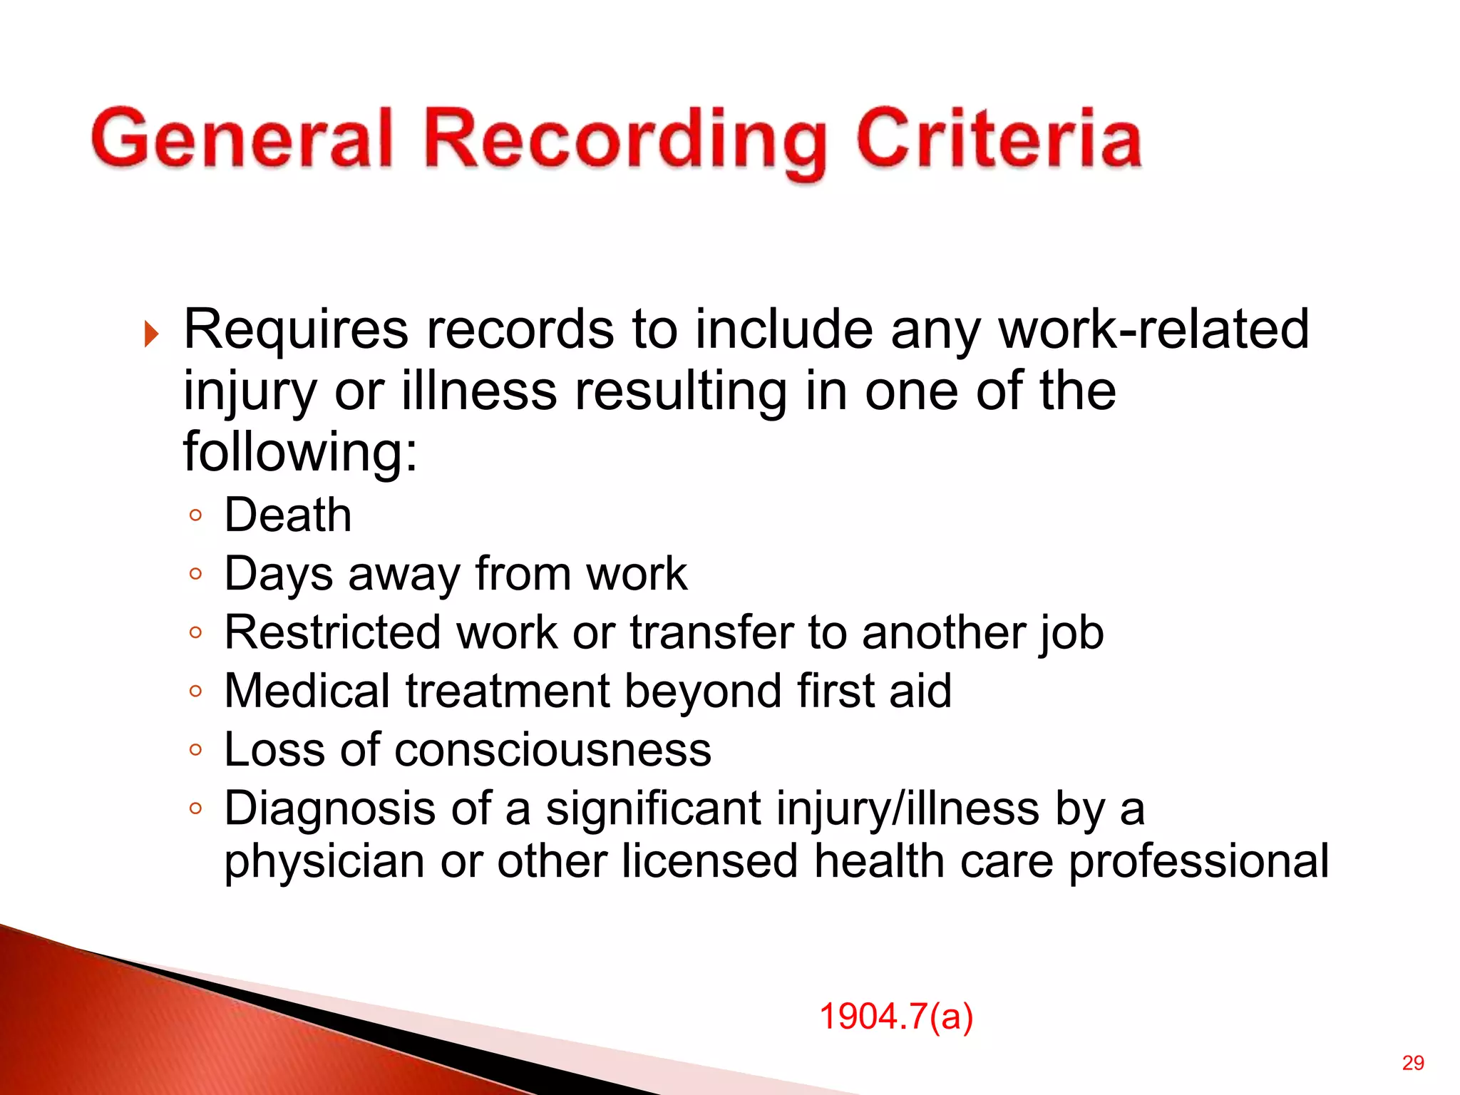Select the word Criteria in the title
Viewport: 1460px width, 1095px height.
[999, 138]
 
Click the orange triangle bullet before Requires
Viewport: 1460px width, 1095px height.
[150, 333]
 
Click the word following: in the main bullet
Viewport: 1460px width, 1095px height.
[299, 452]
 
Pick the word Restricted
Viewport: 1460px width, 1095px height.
[332, 632]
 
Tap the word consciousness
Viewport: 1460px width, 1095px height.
[552, 750]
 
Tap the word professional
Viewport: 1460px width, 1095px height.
[1198, 861]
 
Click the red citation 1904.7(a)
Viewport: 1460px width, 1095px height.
[896, 1016]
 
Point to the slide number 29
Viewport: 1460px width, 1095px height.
[1413, 1063]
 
